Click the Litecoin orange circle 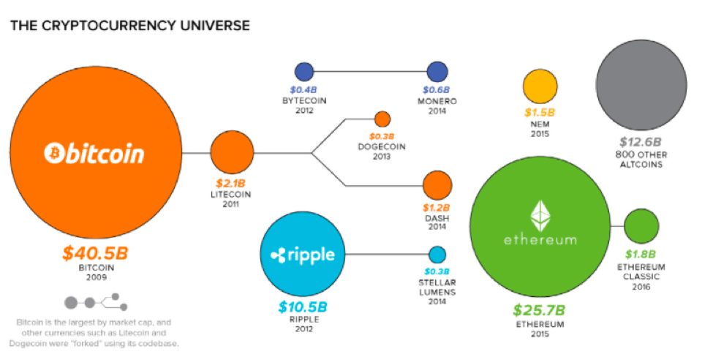click(232, 152)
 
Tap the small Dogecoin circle click(382, 119)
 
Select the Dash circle click(437, 185)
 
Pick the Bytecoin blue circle click(304, 72)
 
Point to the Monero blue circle click(437, 72)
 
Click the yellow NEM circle click(540, 86)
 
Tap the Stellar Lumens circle click(437, 255)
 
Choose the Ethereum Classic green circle click(641, 226)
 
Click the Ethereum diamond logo click(540, 215)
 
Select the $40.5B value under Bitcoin click(96, 253)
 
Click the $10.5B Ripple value click(303, 307)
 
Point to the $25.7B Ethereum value click(539, 310)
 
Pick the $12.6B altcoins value click(641, 142)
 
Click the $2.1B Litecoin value click(230, 184)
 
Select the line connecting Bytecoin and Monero click(371, 72)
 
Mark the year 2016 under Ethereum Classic click(641, 287)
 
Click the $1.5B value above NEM click(540, 113)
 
